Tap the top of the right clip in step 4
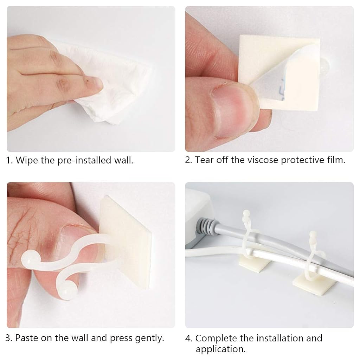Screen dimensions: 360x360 311,234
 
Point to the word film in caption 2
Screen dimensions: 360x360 335,160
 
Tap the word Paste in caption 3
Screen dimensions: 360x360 27,338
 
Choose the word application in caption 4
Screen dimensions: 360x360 219,349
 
